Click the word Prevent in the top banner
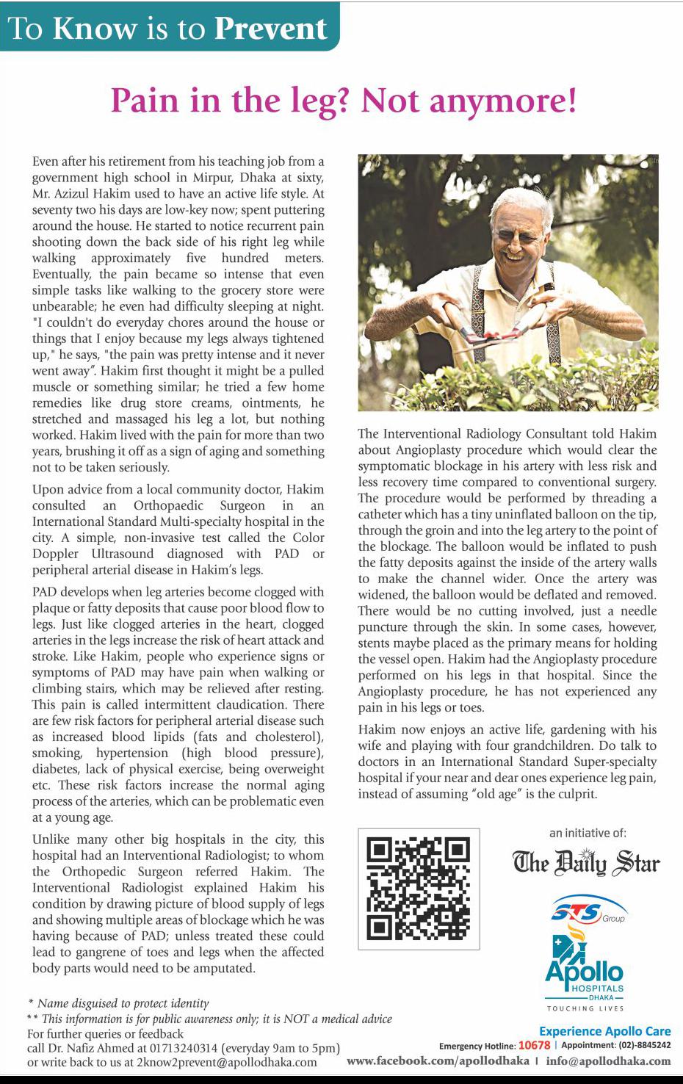click(270, 29)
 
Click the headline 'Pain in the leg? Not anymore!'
click(343, 100)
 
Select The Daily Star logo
click(586, 862)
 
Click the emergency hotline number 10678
click(534, 1046)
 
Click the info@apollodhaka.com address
click(608, 1061)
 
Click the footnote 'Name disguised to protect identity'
click(123, 1002)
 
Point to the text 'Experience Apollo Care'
click(604, 1031)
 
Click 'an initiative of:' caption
click(588, 833)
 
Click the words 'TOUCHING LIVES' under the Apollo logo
click(585, 1008)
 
